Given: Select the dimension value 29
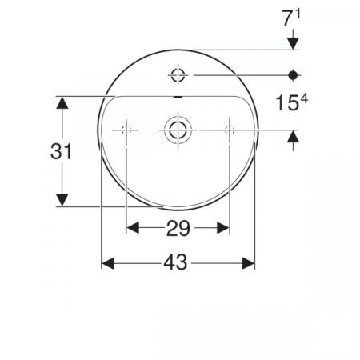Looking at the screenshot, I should coord(178,229).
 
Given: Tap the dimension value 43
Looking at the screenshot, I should coord(178,263).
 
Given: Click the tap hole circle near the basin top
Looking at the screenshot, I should coord(178,75).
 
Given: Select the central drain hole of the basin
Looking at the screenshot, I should coord(178,129).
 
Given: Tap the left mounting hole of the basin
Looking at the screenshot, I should coord(126,129).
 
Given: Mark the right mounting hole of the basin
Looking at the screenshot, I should coord(230,129).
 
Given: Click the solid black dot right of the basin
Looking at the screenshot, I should coord(294,75).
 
